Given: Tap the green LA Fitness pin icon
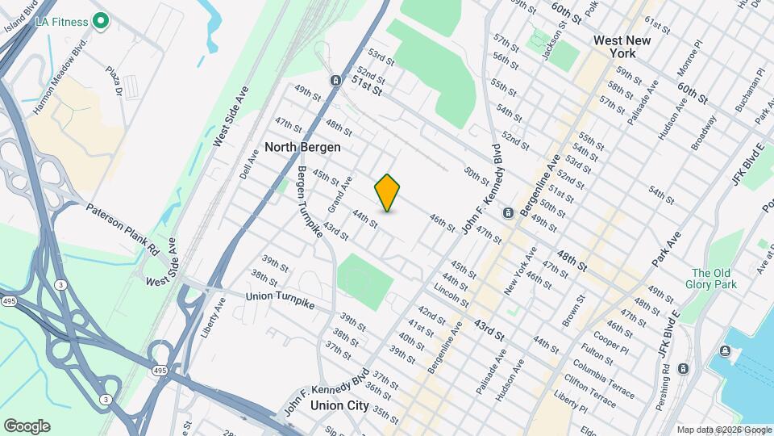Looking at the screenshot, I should pos(101,21).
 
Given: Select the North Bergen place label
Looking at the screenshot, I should pos(302,148).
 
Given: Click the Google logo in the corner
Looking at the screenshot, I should pos(27,426).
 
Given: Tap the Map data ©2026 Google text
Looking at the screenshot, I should pos(724,430).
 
